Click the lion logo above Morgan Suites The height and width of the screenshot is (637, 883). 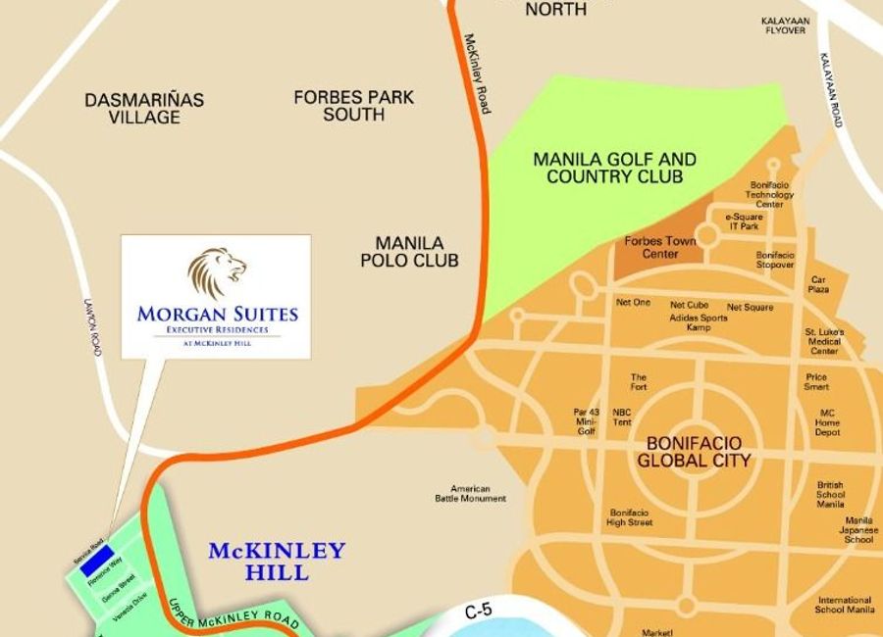217,273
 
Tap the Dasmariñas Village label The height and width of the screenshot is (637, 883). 144,109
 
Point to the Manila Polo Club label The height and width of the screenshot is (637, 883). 409,252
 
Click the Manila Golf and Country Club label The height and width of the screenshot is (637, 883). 614,168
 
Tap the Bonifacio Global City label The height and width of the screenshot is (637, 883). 694,452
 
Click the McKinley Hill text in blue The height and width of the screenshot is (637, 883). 277,561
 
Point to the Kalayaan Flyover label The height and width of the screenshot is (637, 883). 784,24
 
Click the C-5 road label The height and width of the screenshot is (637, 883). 478,612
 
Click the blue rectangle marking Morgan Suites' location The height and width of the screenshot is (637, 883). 96,563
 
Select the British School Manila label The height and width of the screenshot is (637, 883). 830,494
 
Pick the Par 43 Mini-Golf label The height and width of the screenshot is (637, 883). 585,421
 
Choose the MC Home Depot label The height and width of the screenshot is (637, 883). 827,421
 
